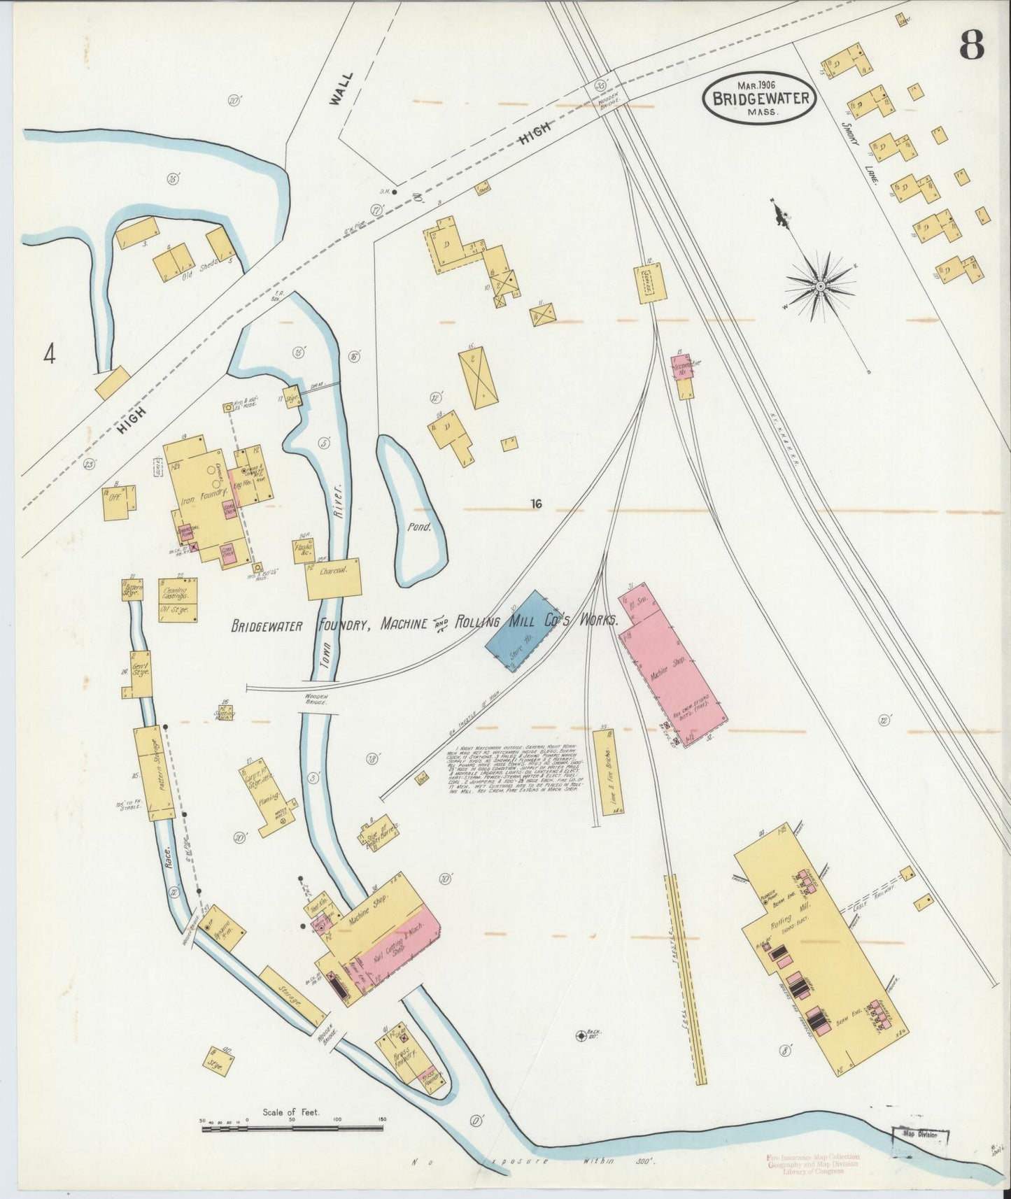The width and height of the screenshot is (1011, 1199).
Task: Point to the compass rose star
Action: (820, 286)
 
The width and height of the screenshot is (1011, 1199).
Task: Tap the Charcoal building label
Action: (334, 571)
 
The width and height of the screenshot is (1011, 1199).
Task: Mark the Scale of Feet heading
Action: (291, 1112)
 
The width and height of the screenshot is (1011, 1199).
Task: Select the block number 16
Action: (537, 503)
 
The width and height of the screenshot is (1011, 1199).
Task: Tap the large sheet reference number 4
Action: (48, 355)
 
